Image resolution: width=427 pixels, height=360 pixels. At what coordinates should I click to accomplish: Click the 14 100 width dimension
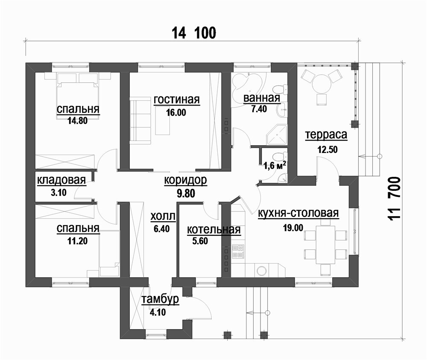[194, 33]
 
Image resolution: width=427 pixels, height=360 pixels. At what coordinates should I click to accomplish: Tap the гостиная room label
[177, 100]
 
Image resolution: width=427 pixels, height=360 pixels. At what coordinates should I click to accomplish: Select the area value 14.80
[78, 120]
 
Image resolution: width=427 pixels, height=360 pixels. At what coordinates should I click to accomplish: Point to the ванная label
[261, 98]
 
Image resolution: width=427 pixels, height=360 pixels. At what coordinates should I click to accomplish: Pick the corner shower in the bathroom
[278, 135]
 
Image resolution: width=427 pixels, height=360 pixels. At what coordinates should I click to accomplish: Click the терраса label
[326, 135]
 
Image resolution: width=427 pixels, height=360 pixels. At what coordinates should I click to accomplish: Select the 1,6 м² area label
[275, 165]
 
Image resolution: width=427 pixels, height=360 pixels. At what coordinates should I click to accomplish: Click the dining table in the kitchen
[325, 245]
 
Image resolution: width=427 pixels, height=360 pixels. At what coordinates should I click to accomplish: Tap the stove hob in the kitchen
[238, 252]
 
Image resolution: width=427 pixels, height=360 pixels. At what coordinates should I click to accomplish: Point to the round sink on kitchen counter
[262, 271]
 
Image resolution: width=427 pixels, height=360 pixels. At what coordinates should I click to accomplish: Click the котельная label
[214, 230]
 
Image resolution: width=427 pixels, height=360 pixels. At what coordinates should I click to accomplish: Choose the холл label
[163, 217]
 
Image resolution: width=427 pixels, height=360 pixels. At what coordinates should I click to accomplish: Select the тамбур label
[161, 299]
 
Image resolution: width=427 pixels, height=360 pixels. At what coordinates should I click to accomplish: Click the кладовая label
[61, 180]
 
